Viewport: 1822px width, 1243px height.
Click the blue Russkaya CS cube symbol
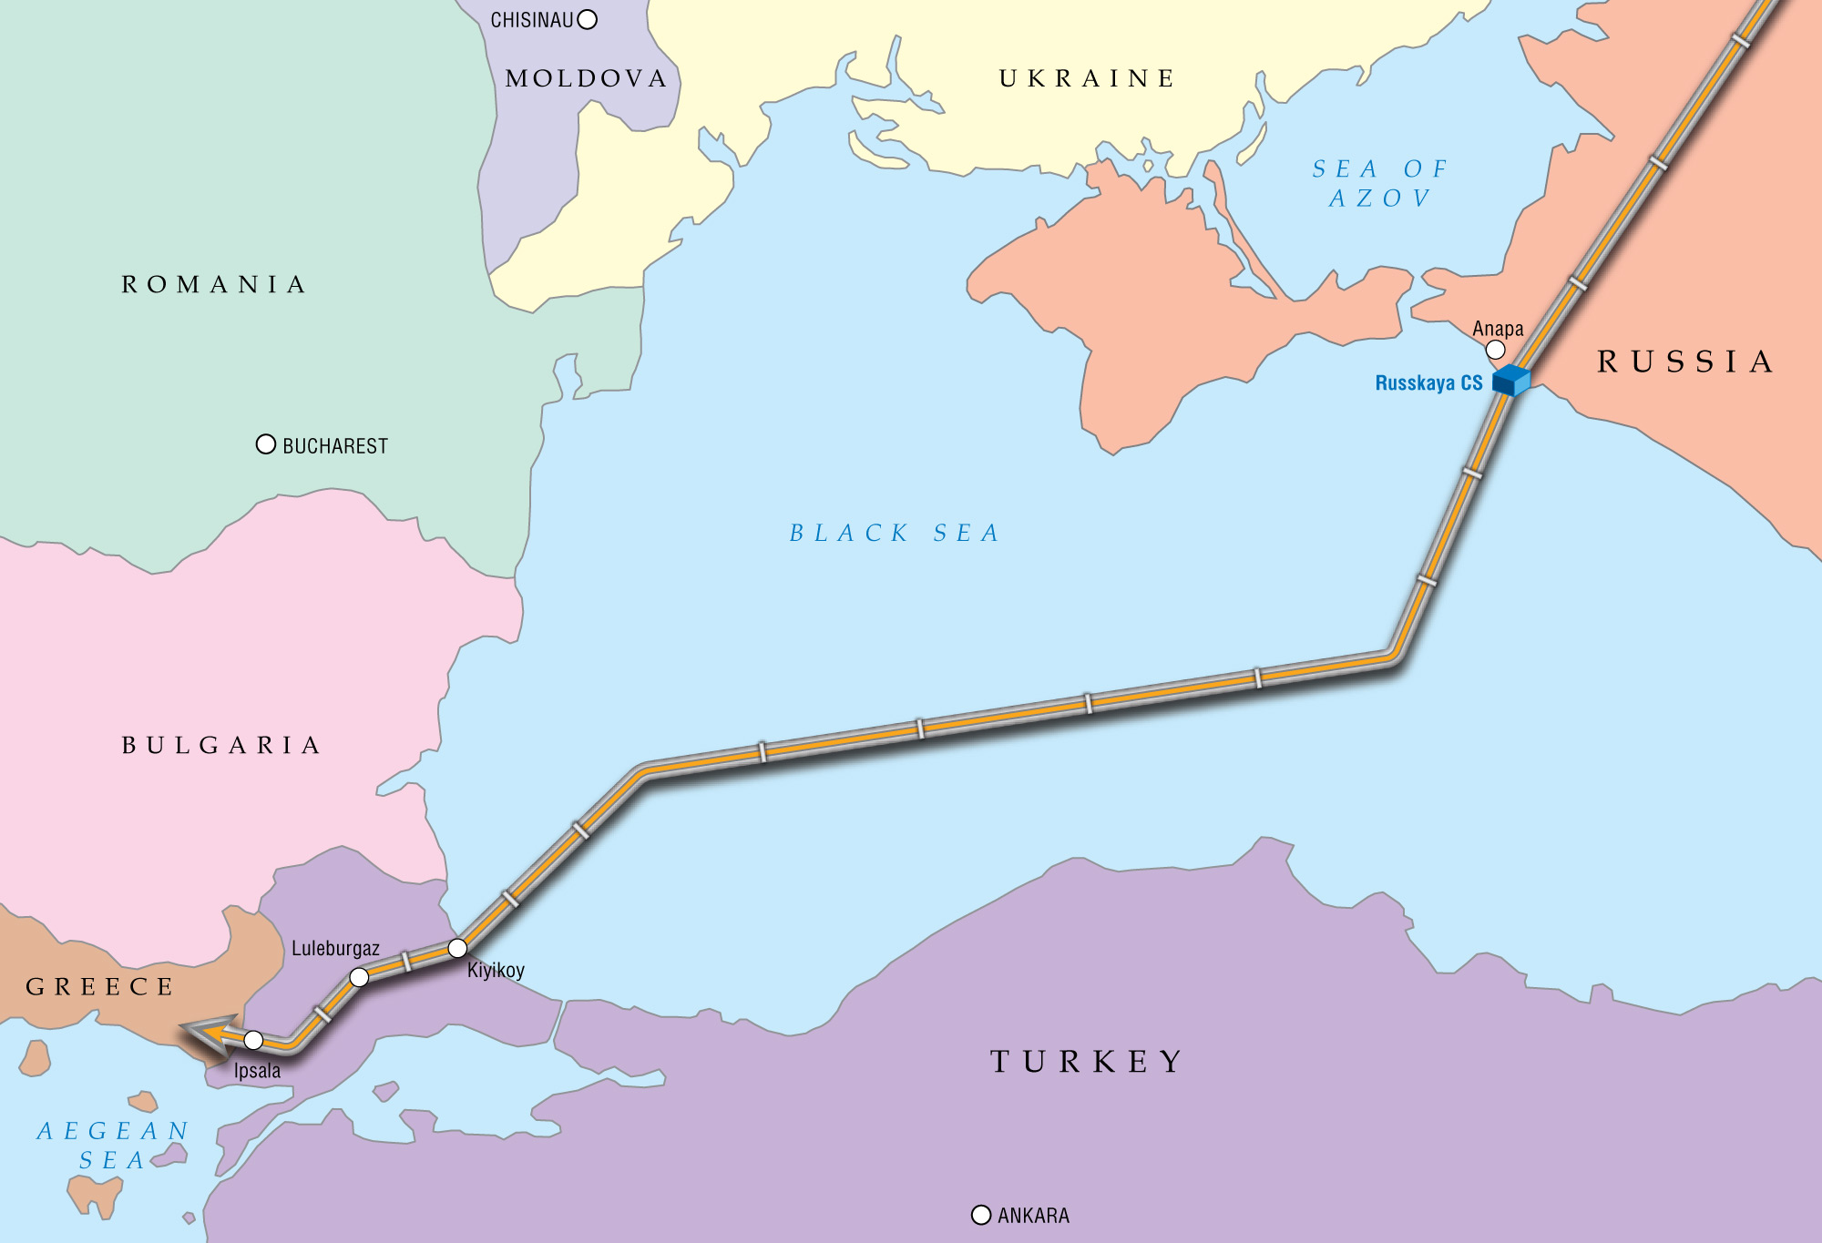tap(1511, 381)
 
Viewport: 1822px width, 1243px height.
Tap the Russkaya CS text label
tap(1428, 383)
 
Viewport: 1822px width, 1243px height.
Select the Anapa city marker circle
tap(1495, 350)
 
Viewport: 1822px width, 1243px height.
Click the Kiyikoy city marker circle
tap(457, 948)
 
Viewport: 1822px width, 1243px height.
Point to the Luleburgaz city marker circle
tap(360, 977)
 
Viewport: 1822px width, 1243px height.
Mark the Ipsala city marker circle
tap(253, 1040)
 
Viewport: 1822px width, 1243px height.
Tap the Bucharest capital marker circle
tap(266, 444)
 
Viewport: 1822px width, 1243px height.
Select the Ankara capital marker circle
tap(981, 1215)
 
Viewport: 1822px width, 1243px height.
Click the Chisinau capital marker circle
tap(588, 19)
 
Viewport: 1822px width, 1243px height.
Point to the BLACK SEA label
tap(894, 533)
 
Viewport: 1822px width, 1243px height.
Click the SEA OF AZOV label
tap(1379, 183)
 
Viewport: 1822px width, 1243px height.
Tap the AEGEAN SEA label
tap(112, 1145)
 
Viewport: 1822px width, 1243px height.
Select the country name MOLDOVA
tap(587, 78)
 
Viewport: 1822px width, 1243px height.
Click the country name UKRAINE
tap(1087, 78)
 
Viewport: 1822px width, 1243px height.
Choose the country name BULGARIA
tap(221, 745)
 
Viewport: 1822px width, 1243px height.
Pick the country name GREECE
tap(100, 986)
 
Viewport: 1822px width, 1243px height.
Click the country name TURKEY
tap(1086, 1061)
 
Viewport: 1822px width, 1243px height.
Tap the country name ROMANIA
tap(214, 284)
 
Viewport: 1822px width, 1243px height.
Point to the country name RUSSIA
tap(1685, 362)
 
